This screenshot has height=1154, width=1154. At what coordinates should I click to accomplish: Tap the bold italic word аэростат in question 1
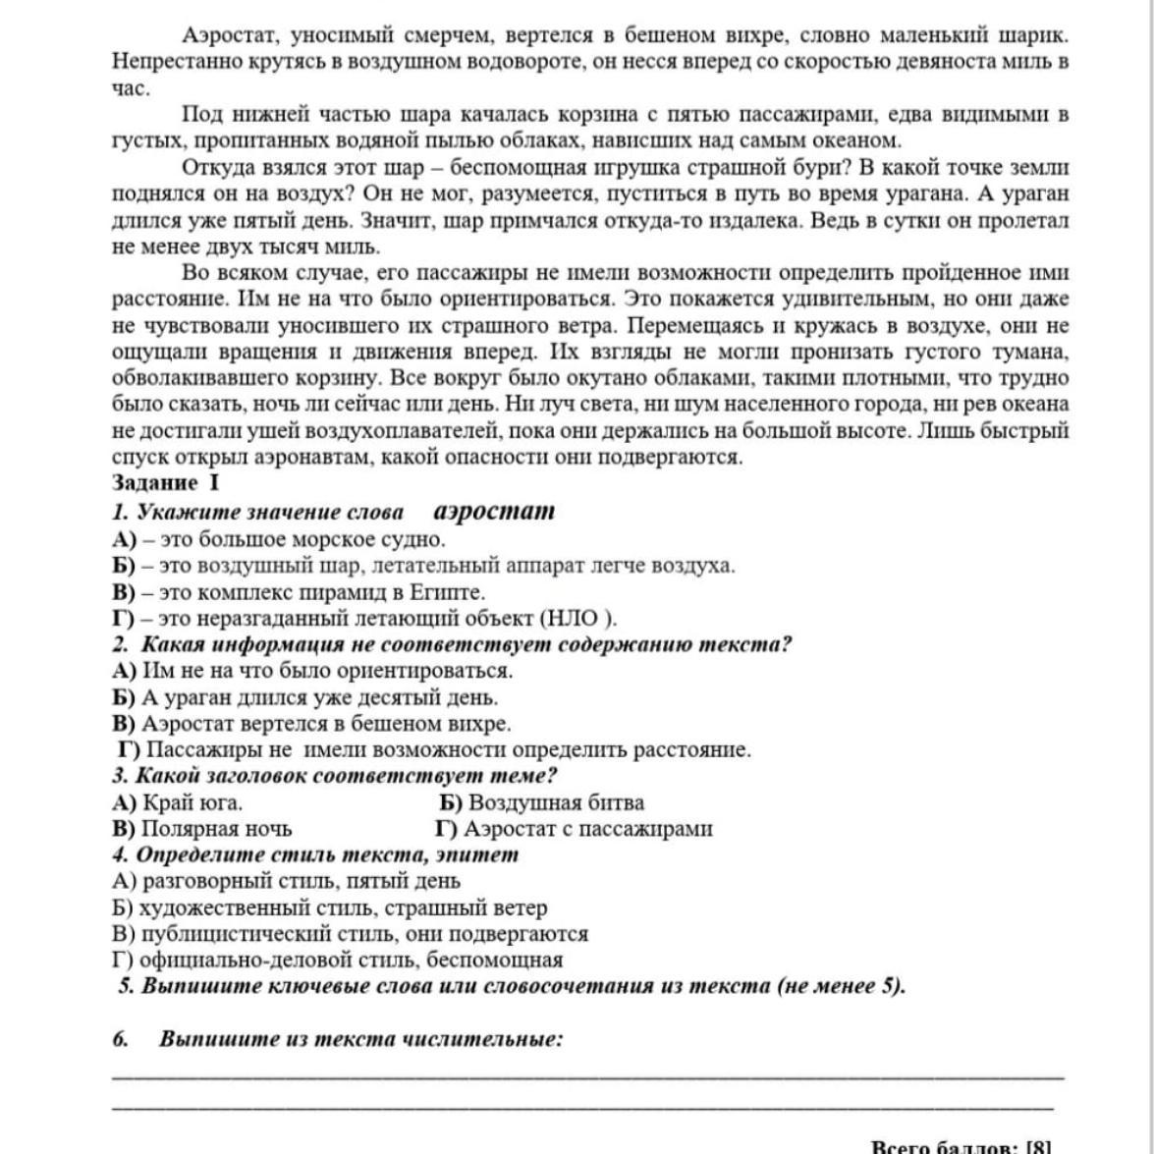coord(493,511)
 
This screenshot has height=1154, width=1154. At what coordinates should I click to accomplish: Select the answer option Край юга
coord(191,802)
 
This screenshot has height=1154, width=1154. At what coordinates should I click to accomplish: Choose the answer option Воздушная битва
coord(555,802)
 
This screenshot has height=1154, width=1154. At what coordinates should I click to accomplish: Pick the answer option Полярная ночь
coord(215,828)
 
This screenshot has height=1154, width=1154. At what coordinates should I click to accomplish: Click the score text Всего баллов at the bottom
coord(943,1146)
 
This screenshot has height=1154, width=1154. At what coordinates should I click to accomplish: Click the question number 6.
coord(119,1039)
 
